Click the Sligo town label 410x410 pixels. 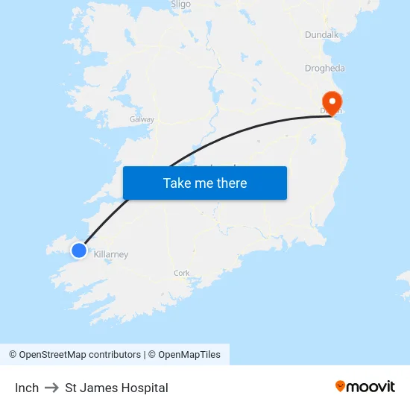(181, 4)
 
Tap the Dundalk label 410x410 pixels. (321, 34)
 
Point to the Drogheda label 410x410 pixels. (324, 68)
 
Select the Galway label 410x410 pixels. (142, 119)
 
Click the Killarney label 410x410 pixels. (111, 254)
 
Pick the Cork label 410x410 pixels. (181, 273)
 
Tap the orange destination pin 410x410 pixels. (330, 101)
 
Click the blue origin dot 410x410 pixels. (79, 250)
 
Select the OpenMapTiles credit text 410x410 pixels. (189, 355)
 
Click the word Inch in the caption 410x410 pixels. (27, 388)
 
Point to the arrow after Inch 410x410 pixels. (51, 388)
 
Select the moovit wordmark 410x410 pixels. (371, 387)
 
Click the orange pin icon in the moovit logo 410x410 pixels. (341, 386)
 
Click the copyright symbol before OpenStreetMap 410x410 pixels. (13, 355)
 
